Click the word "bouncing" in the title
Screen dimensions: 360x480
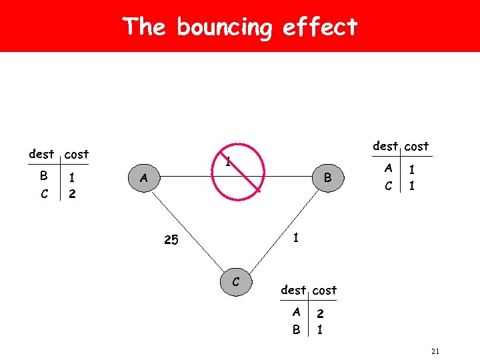point(225,28)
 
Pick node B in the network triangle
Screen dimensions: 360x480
point(327,178)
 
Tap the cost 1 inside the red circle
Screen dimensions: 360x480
point(227,161)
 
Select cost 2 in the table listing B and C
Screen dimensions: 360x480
point(73,194)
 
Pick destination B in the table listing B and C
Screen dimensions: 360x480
point(43,177)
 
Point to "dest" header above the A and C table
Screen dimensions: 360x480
point(385,145)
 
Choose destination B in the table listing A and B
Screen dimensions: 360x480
point(296,329)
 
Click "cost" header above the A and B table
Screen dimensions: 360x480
point(325,290)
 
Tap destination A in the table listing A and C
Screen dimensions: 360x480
point(388,169)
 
